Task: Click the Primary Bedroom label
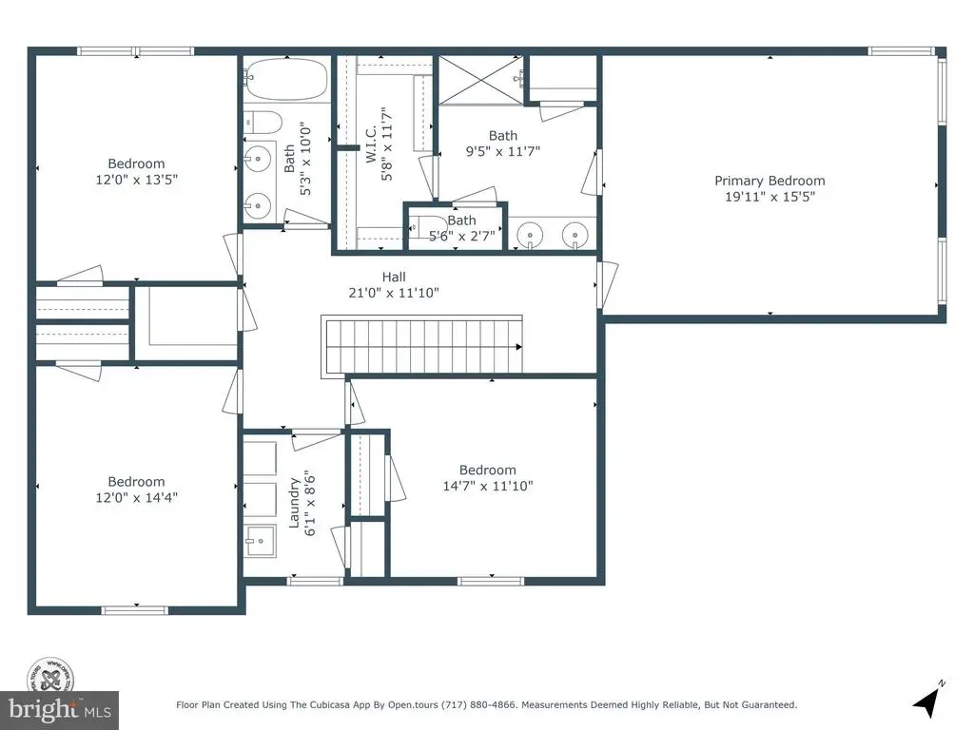pyautogui.click(x=769, y=181)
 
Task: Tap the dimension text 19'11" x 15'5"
pyautogui.click(x=769, y=197)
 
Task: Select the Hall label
pyautogui.click(x=394, y=277)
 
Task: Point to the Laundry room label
pyautogui.click(x=294, y=503)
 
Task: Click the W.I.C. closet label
pyautogui.click(x=371, y=144)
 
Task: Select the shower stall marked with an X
pyautogui.click(x=480, y=80)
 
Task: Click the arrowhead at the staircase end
pyautogui.click(x=518, y=347)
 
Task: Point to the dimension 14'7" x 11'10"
pyautogui.click(x=488, y=486)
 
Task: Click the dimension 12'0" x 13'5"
pyautogui.click(x=137, y=180)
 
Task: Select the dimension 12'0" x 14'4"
pyautogui.click(x=137, y=497)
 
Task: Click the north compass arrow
pyautogui.click(x=928, y=701)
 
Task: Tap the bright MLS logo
pyautogui.click(x=60, y=709)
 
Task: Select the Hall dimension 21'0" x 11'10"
pyautogui.click(x=394, y=293)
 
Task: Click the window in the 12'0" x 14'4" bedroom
pyautogui.click(x=135, y=611)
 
